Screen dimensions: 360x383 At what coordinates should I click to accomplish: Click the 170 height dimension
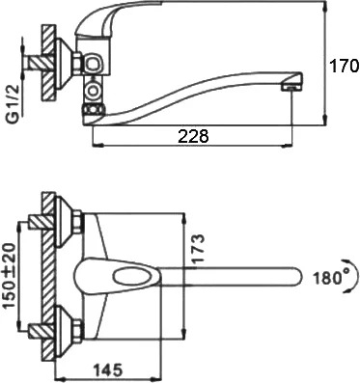tap(344, 67)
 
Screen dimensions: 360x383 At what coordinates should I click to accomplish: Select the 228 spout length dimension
tap(193, 137)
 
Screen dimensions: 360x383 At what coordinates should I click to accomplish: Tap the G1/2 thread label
tap(14, 104)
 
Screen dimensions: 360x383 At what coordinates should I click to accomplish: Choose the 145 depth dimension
tap(108, 369)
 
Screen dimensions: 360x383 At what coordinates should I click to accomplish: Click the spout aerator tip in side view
tap(292, 86)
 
